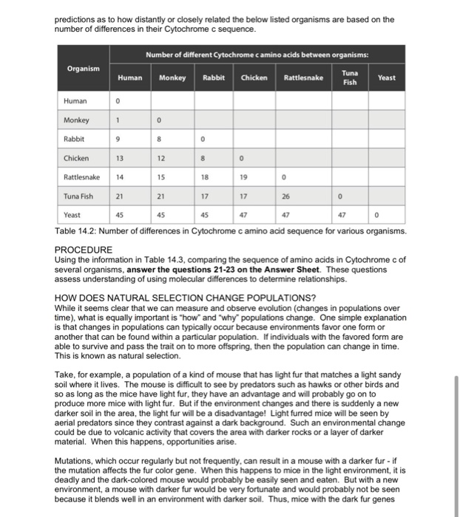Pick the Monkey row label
click(x=76, y=120)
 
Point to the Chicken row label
click(x=77, y=158)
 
